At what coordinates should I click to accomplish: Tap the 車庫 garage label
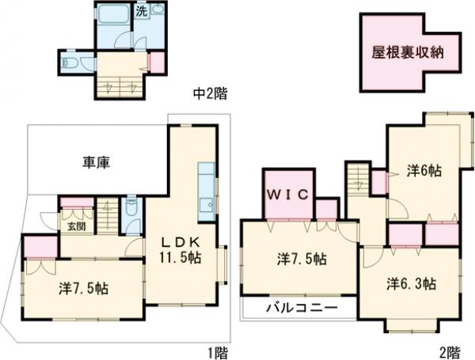pyautogui.click(x=95, y=163)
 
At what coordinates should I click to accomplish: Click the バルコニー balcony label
pyautogui.click(x=301, y=307)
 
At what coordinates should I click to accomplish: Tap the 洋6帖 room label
pyautogui.click(x=424, y=169)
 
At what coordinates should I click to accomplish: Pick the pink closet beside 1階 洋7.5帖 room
pyautogui.click(x=37, y=248)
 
